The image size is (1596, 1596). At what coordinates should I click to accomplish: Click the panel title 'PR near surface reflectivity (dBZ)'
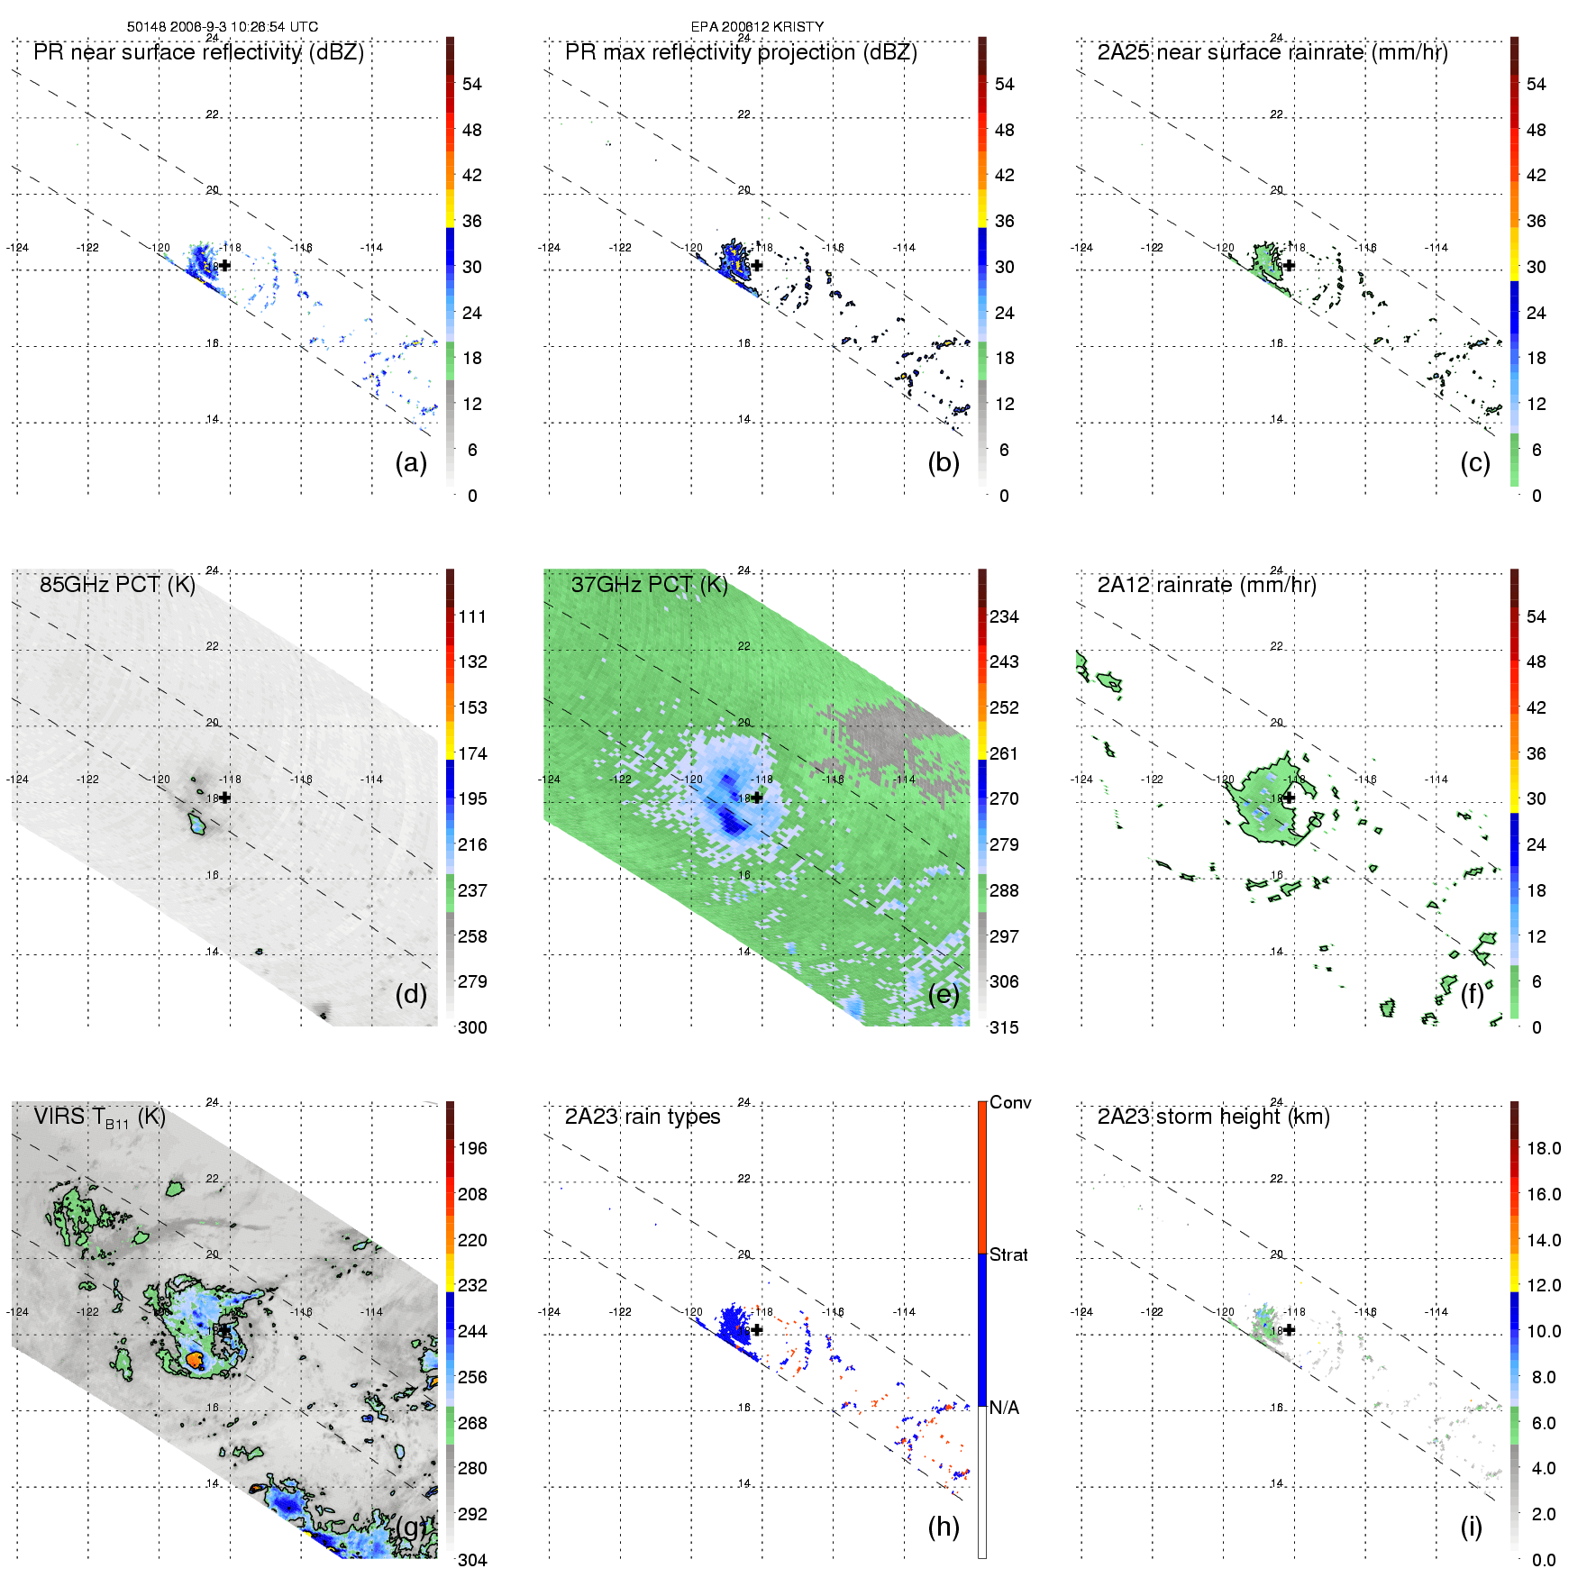pos(198,52)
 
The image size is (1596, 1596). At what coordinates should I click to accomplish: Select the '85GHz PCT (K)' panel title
pos(117,585)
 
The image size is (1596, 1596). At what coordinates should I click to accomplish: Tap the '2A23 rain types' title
pos(642,1117)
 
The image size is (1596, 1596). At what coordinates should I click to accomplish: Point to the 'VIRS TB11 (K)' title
pos(99,1117)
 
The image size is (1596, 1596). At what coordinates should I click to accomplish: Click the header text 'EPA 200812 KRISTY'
pos(757,26)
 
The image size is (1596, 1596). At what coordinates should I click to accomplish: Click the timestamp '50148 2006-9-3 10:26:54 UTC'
pos(222,26)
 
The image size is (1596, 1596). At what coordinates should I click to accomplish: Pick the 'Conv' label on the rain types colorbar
pos(1009,1102)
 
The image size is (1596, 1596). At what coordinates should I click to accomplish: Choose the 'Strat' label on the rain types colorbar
pos(1008,1254)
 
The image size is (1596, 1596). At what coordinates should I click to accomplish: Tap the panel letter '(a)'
pos(411,462)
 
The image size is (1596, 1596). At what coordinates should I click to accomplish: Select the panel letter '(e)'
pos(944,994)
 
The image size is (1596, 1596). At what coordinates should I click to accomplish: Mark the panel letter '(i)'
pos(1471,1527)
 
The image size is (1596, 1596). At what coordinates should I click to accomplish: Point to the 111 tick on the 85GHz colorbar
pos(472,616)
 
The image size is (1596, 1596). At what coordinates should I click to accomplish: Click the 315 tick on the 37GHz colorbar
pos(1004,1027)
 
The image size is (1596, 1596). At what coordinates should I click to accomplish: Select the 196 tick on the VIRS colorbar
pos(472,1148)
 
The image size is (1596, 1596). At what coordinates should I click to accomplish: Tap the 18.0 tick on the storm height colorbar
pos(1543,1148)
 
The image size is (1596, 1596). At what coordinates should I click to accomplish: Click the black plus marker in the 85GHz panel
pos(224,798)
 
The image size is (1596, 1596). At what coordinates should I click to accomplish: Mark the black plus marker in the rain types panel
pos(757,1329)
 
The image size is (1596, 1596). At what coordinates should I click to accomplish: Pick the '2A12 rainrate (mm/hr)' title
pos(1206,585)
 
